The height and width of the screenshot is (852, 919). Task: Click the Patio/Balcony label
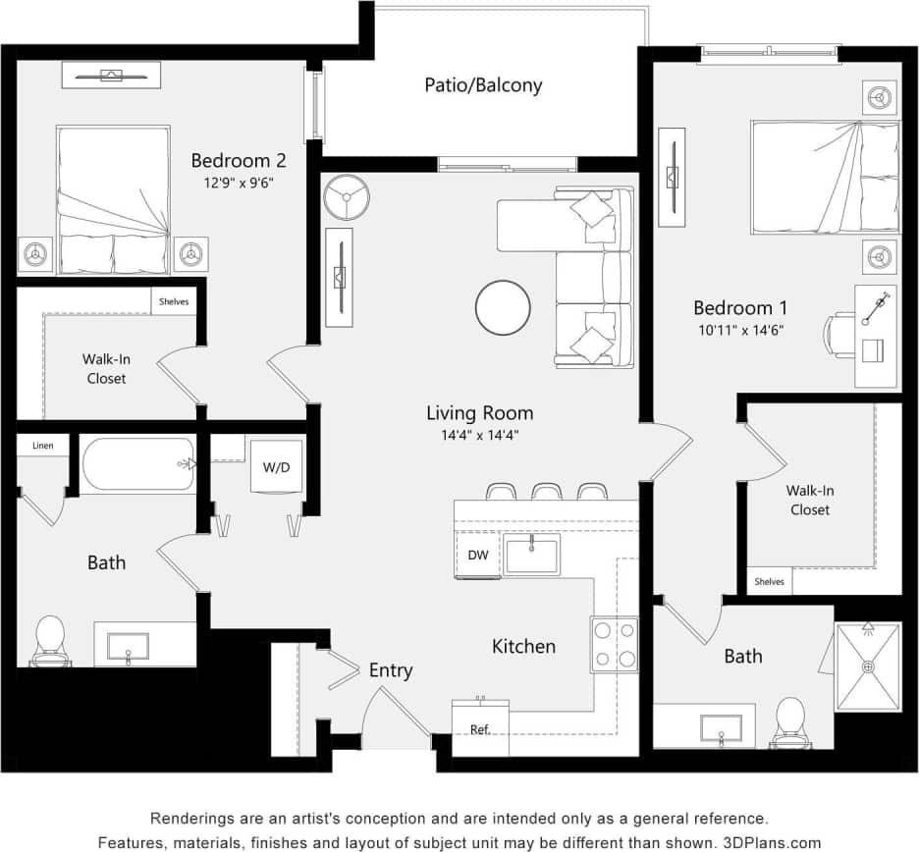(x=482, y=85)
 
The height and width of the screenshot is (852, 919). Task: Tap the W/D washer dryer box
(x=276, y=467)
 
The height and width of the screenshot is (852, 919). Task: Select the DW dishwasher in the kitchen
(x=477, y=556)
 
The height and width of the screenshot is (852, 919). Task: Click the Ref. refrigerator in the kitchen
(x=480, y=729)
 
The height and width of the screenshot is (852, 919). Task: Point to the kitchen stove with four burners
(x=614, y=644)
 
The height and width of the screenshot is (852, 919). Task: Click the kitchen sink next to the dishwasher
(x=531, y=555)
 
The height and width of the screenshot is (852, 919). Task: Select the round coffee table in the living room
(x=504, y=308)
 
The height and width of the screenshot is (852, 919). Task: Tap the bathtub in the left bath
(x=137, y=464)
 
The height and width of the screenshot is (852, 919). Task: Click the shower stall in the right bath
(x=868, y=666)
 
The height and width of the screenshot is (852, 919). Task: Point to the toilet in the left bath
(x=49, y=640)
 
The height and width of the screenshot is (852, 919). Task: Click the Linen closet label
(x=43, y=446)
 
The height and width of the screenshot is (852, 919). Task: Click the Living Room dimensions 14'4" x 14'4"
(x=479, y=436)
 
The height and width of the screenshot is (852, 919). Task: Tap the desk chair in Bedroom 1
(x=839, y=335)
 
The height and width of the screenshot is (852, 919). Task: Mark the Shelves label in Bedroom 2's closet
(x=174, y=301)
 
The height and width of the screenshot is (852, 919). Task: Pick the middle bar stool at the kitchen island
(x=546, y=491)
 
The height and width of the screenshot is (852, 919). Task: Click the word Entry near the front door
(x=391, y=671)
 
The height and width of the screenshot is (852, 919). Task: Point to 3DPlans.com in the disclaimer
(x=772, y=842)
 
